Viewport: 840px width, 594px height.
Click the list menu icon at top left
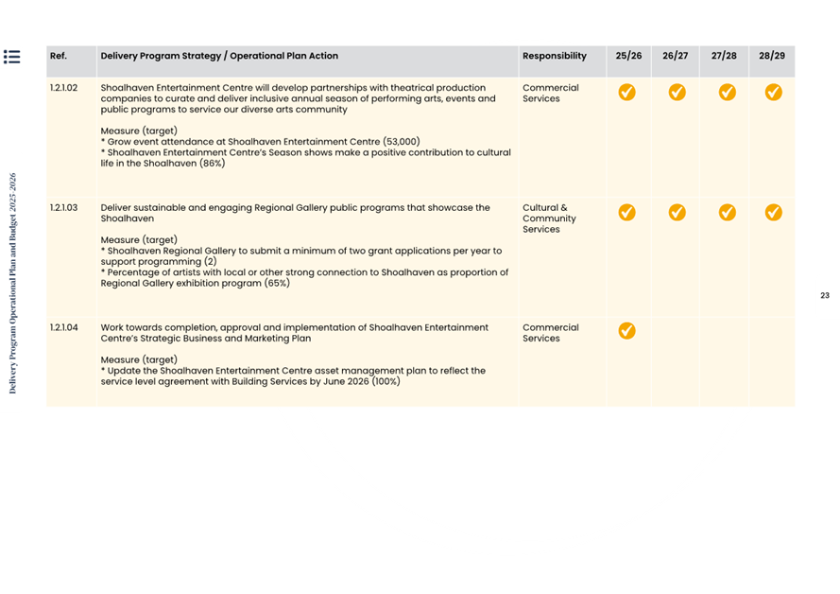pyautogui.click(x=12, y=57)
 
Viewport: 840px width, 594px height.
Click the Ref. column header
pyautogui.click(x=59, y=56)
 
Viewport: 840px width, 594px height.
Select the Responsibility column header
pyautogui.click(x=554, y=56)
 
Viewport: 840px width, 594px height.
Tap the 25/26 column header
pyautogui.click(x=628, y=56)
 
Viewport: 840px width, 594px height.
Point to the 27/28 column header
pyautogui.click(x=724, y=56)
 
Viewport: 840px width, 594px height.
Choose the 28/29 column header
pyautogui.click(x=772, y=56)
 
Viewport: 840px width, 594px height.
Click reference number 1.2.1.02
pyautogui.click(x=64, y=88)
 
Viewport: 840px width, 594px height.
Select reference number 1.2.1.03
pyautogui.click(x=64, y=207)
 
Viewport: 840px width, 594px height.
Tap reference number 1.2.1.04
pyautogui.click(x=64, y=327)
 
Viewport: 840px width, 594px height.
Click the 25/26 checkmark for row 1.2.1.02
pyautogui.click(x=626, y=92)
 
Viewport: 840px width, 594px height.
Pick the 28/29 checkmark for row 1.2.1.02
pyautogui.click(x=773, y=92)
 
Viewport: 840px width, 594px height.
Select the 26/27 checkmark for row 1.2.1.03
pyautogui.click(x=677, y=212)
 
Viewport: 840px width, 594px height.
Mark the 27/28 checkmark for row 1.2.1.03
pyautogui.click(x=727, y=212)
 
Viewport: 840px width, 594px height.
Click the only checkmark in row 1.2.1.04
pyautogui.click(x=626, y=330)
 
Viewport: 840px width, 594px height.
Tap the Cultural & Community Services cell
pyautogui.click(x=549, y=218)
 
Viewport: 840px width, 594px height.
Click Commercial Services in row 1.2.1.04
pyautogui.click(x=551, y=332)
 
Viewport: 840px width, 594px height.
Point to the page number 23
pyautogui.click(x=825, y=296)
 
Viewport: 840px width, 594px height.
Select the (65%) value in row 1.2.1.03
pyautogui.click(x=277, y=283)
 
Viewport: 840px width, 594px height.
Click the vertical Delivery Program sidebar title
pyautogui.click(x=12, y=283)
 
